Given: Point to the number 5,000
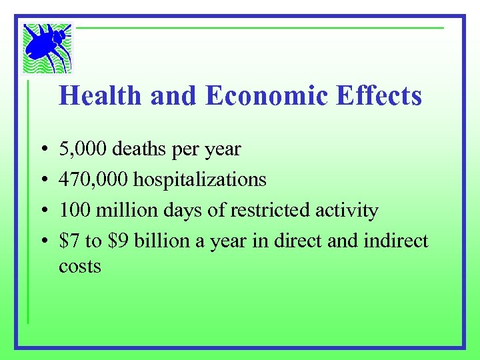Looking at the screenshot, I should [83, 149].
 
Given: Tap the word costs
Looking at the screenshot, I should [79, 267].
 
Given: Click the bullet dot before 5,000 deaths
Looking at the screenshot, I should [42, 149].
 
